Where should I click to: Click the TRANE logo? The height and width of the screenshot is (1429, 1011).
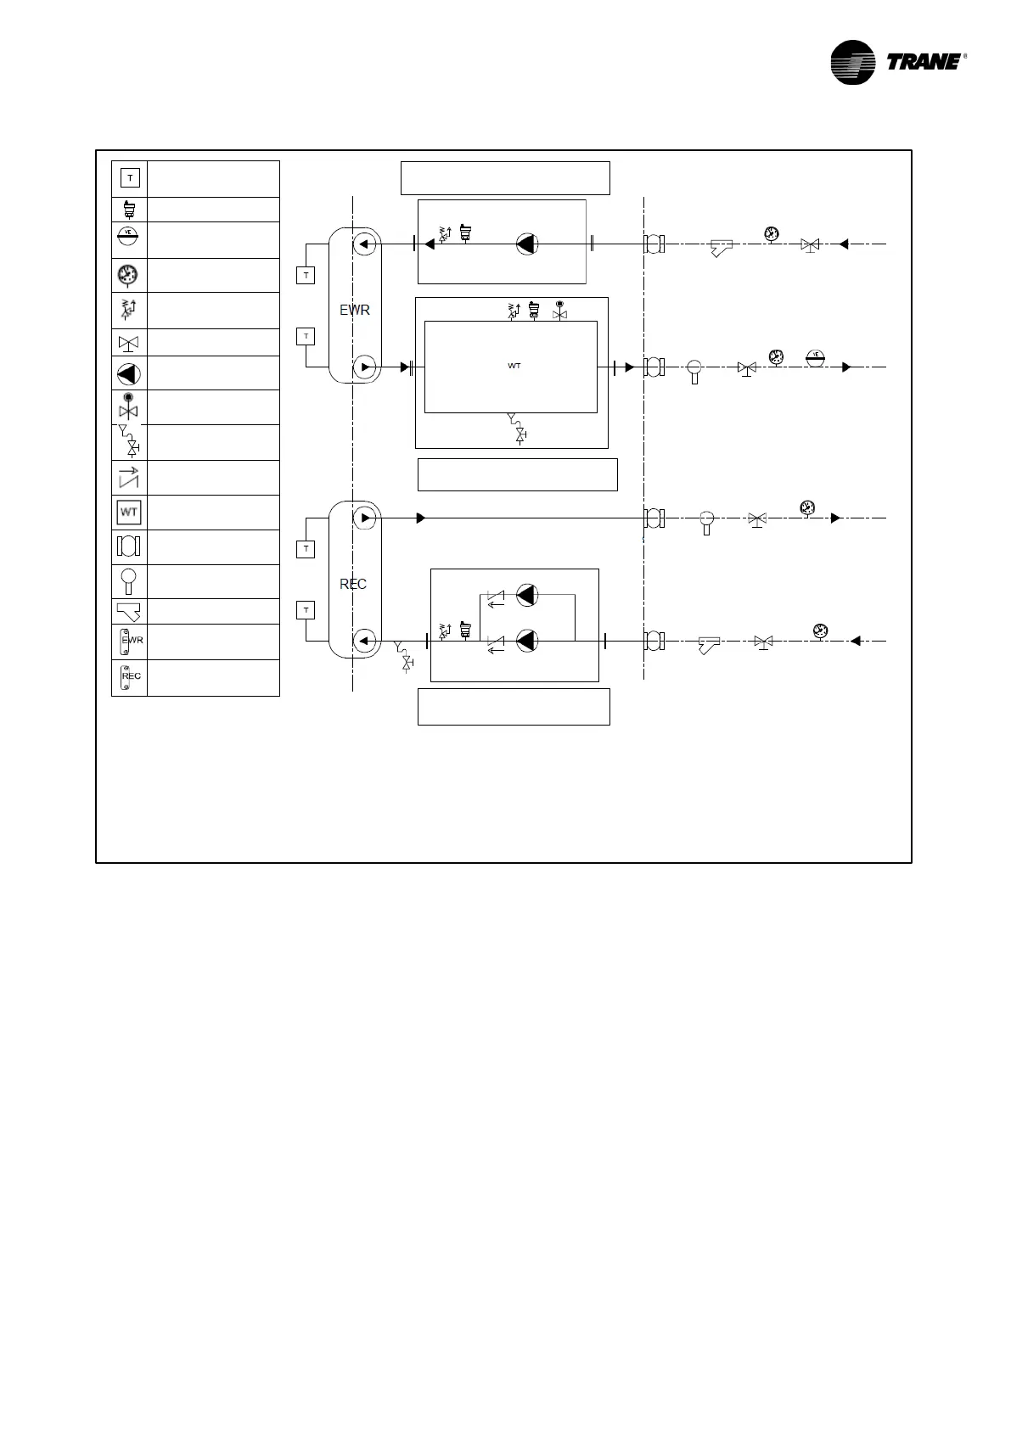click(896, 62)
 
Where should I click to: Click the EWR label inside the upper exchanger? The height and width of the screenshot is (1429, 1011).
click(355, 311)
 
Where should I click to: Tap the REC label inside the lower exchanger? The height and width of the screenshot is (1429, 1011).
click(353, 584)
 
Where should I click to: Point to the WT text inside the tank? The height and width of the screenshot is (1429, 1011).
click(514, 366)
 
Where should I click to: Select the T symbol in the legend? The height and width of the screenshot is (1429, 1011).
click(130, 178)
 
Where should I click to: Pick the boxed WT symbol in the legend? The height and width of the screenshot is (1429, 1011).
click(129, 513)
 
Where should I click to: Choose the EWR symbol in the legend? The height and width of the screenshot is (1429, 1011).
click(129, 642)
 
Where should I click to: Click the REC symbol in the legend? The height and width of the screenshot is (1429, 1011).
click(129, 677)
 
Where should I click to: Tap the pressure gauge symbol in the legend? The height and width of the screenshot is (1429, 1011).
click(129, 275)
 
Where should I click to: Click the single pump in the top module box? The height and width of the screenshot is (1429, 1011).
click(527, 244)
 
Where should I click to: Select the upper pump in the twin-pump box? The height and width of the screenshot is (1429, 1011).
click(527, 595)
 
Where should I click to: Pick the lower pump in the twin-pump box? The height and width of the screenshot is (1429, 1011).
click(527, 641)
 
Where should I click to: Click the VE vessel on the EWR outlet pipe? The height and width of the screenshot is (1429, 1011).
click(815, 358)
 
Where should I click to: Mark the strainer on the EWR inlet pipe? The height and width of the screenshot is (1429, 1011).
click(721, 247)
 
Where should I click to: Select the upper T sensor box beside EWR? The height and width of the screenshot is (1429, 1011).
click(306, 275)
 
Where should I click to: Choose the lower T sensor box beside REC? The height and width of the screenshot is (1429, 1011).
click(306, 610)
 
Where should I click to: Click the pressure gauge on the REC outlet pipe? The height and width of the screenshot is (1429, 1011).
click(806, 508)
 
